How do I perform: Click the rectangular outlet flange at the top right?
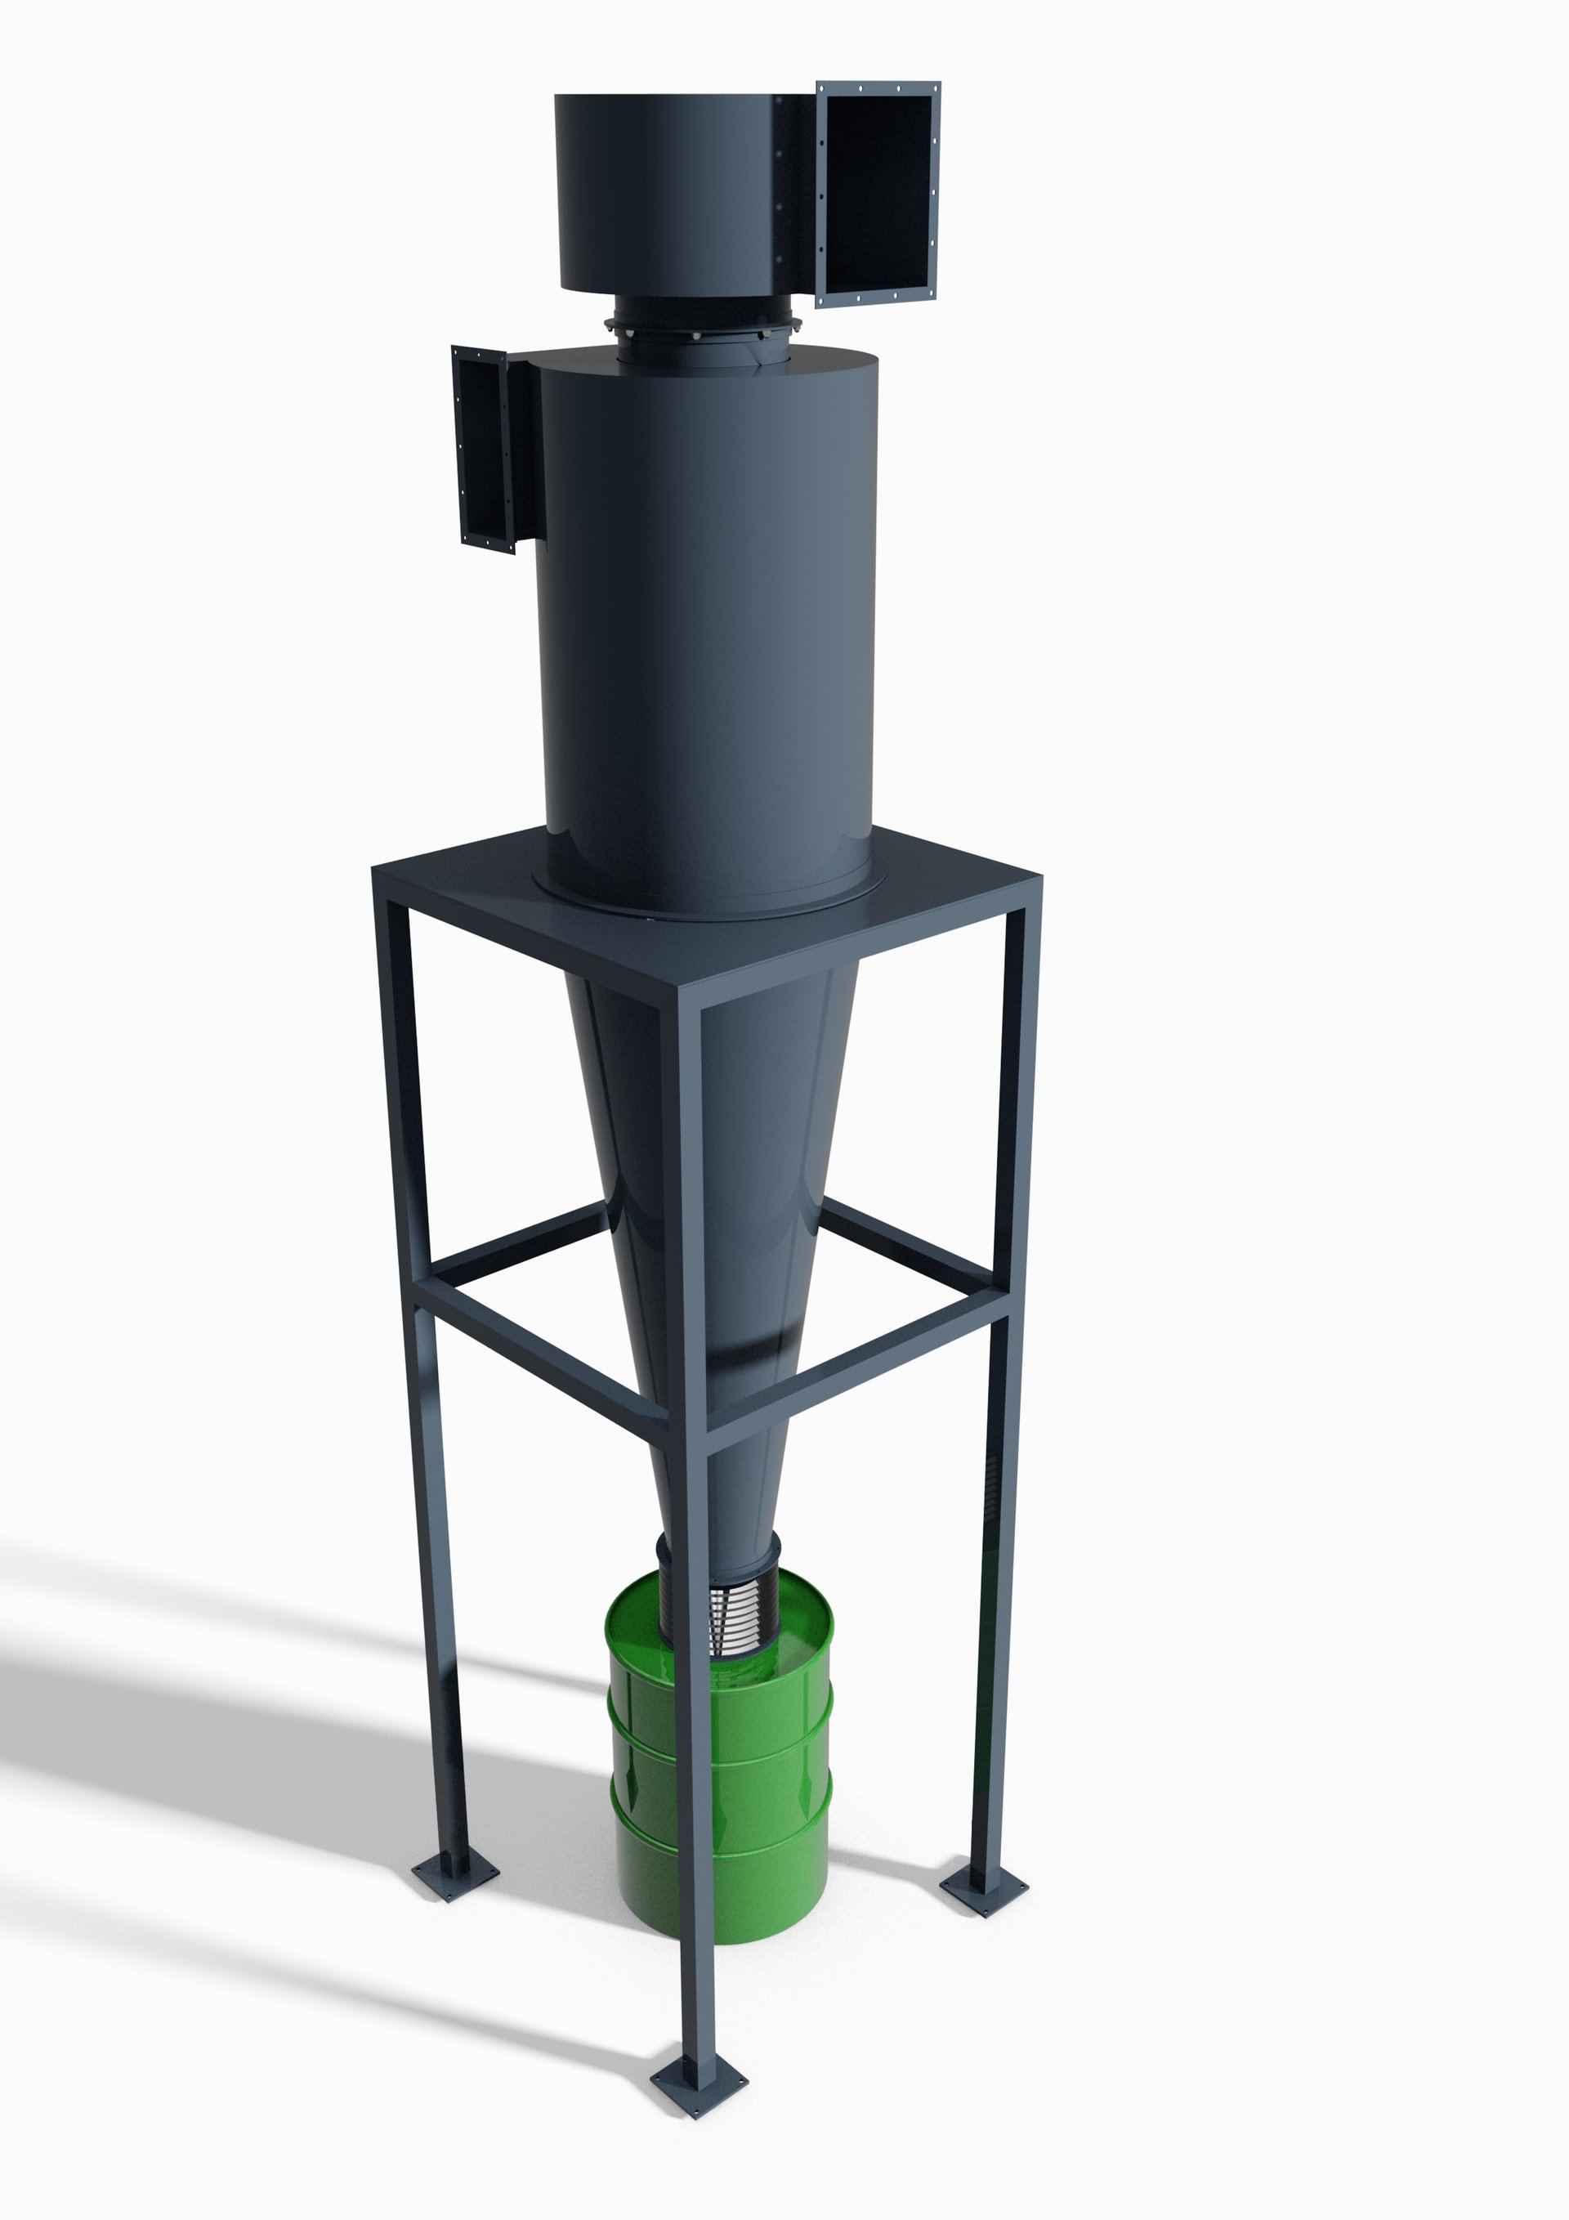[x=878, y=194]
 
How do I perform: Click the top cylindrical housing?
[x=677, y=194]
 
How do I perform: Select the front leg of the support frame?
[x=694, y=1644]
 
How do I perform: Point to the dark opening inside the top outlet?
[x=880, y=194]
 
